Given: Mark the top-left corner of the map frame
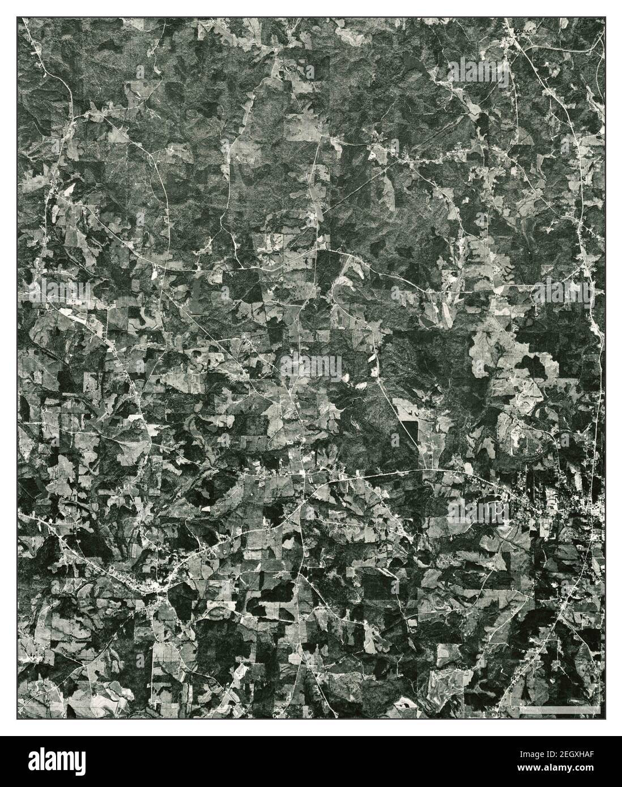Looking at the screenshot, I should point(17,17).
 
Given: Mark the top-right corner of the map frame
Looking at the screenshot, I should point(604,17).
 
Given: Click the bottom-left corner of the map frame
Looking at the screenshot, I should point(17,720).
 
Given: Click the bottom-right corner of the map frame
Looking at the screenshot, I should point(604,720).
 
